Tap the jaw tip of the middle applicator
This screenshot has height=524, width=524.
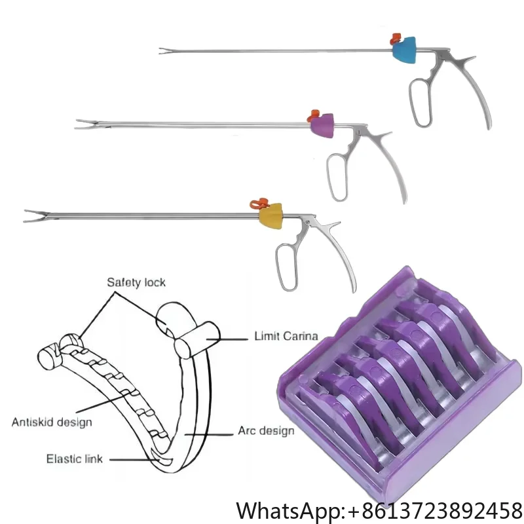(80, 122)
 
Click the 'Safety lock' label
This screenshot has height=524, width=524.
(136, 282)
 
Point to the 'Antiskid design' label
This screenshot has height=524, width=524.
(52, 421)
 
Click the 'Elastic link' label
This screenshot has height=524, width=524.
(73, 458)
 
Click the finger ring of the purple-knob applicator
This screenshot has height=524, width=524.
(339, 176)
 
